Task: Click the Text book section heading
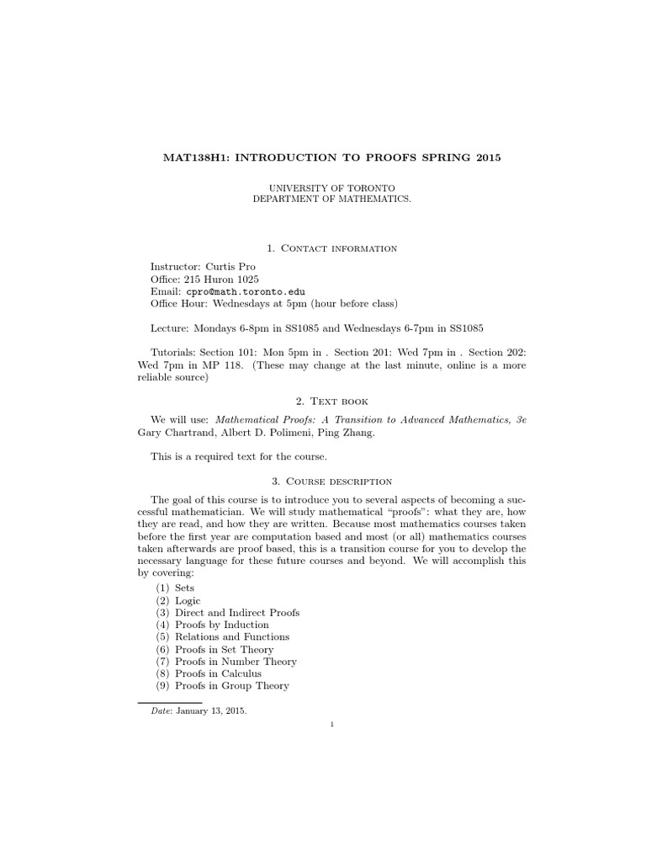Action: [340, 402]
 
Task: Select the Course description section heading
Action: [339, 481]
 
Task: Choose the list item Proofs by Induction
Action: [222, 625]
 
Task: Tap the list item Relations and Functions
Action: [232, 637]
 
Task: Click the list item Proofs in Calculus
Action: [219, 673]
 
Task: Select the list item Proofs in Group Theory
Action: [232, 685]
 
